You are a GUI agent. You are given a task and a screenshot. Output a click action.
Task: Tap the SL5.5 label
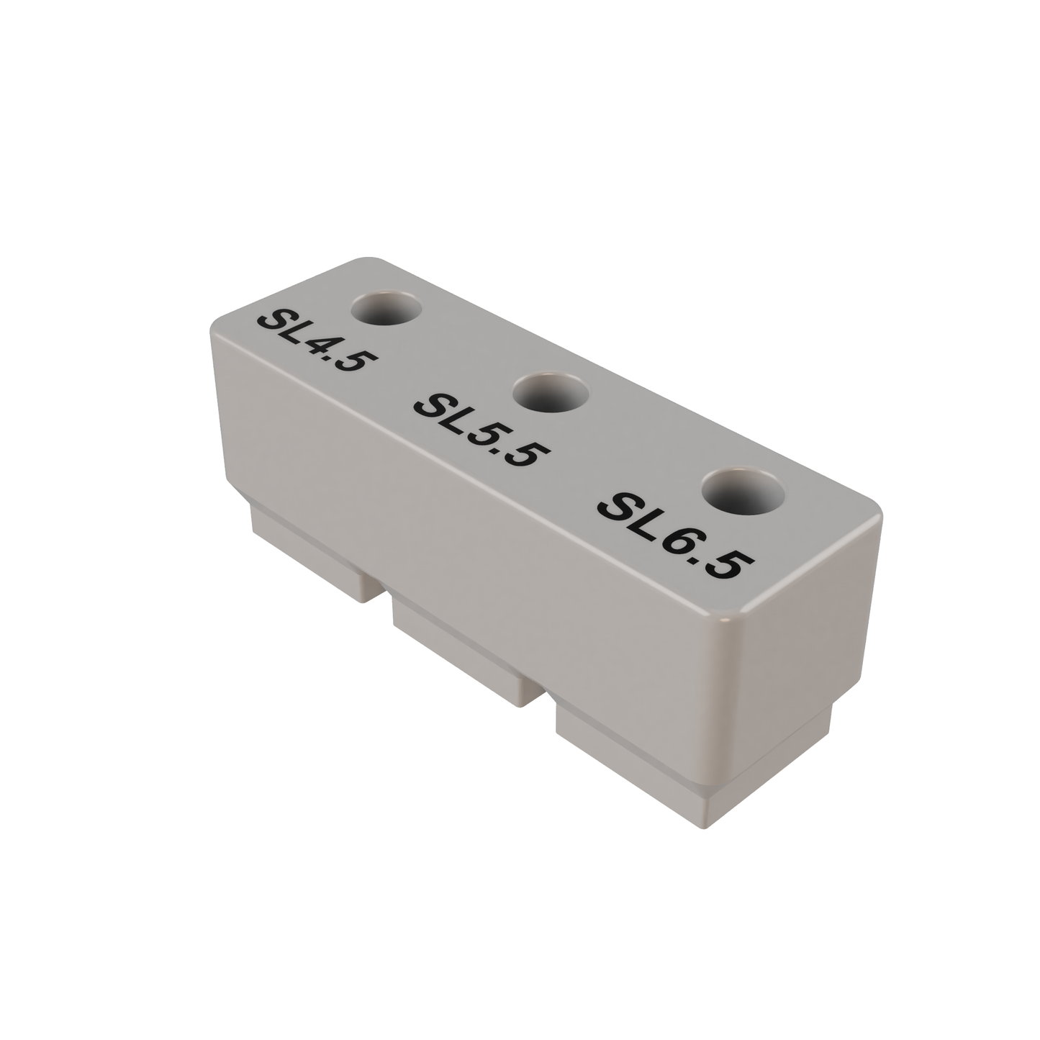481,429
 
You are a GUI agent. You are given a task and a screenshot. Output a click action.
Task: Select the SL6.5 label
674,533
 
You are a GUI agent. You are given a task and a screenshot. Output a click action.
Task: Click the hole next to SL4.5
386,309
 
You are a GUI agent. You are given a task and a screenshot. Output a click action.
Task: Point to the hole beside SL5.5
551,393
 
